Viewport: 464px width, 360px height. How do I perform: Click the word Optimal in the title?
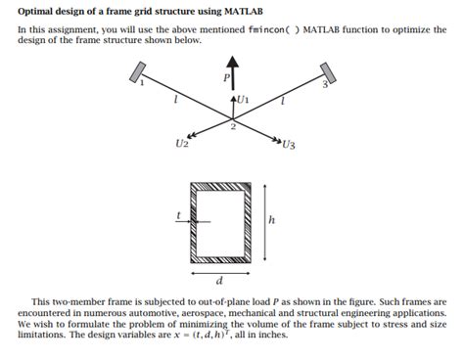[x=40, y=9]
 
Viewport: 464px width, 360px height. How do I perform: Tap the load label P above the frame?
[x=226, y=76]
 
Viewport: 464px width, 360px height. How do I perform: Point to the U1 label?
[x=244, y=100]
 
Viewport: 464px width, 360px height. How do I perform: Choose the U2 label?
[x=181, y=144]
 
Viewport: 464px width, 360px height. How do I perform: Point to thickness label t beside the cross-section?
[x=178, y=214]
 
